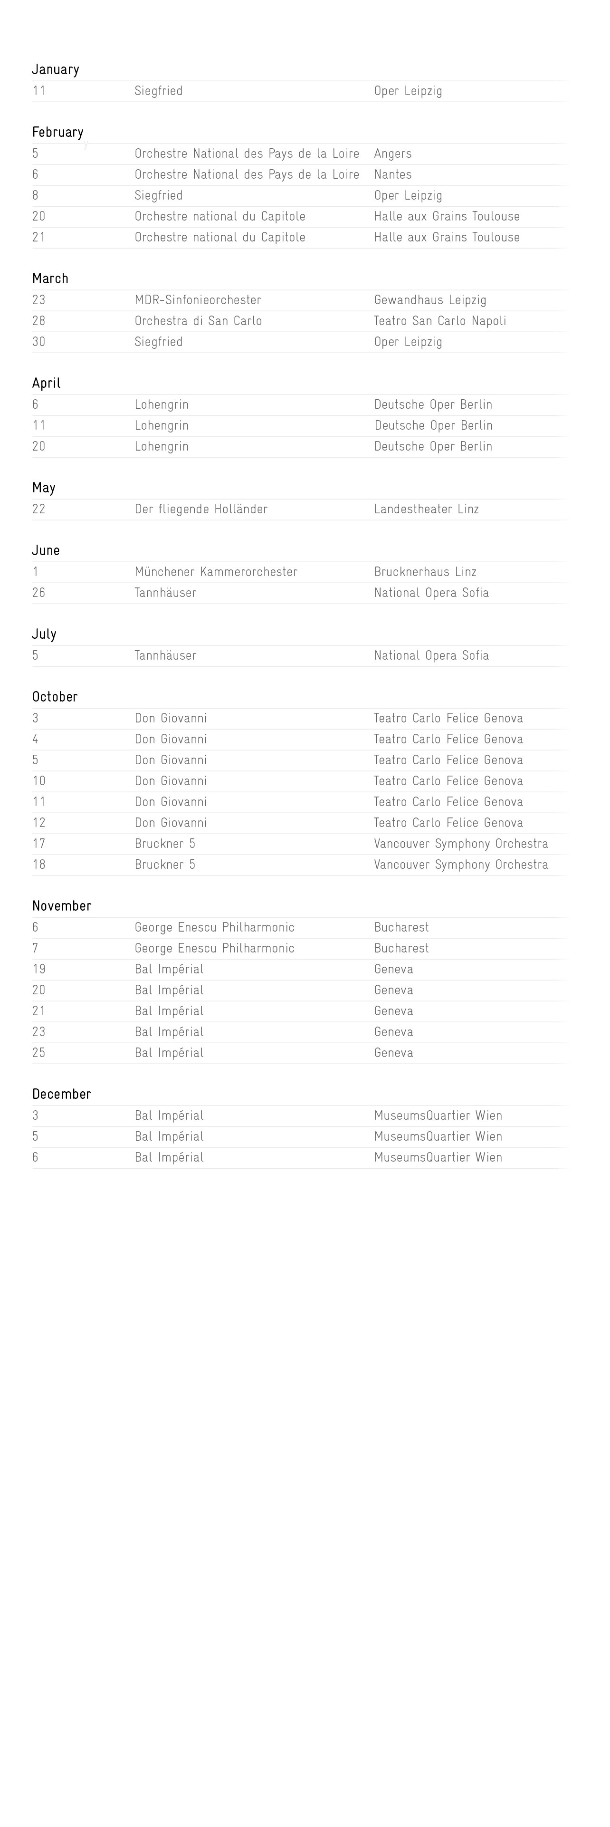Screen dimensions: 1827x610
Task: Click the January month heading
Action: click(55, 69)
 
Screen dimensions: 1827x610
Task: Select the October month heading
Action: click(55, 696)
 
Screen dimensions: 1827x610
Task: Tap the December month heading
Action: click(62, 1094)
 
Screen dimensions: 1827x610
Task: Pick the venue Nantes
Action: click(393, 174)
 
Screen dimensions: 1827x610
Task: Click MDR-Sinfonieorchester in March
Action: click(198, 300)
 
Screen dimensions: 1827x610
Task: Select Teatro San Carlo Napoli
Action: click(440, 320)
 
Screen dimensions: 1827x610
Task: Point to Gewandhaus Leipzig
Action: click(430, 300)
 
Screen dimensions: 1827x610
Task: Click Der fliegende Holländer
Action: click(201, 509)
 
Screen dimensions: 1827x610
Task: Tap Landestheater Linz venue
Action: click(426, 509)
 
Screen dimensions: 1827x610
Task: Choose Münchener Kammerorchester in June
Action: click(216, 572)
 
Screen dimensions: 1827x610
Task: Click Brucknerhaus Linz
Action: click(425, 572)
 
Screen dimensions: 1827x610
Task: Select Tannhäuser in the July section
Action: click(165, 655)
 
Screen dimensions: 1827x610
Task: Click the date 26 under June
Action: click(38, 593)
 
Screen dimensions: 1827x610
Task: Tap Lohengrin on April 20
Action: click(162, 446)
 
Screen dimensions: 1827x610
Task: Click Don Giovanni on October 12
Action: click(171, 823)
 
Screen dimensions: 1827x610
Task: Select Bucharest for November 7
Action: click(401, 948)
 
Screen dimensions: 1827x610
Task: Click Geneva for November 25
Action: click(394, 1052)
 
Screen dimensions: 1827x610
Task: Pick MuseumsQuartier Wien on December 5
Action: click(438, 1136)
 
